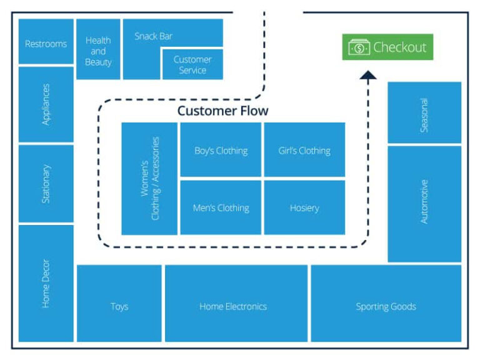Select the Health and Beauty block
point(98,49)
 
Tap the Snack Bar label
point(153,36)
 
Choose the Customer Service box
point(192,65)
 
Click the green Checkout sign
point(387,47)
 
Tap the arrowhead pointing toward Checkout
point(368,76)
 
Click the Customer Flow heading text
point(222,111)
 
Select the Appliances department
point(46,104)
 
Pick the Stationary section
point(46,184)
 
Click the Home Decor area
point(46,283)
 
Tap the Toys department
point(119,306)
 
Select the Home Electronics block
point(233,306)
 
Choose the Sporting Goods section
point(386,306)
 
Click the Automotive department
point(424,202)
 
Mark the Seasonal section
point(424,114)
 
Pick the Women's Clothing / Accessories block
point(149,178)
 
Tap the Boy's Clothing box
point(221,150)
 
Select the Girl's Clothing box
point(304,150)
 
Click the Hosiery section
point(304,207)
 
